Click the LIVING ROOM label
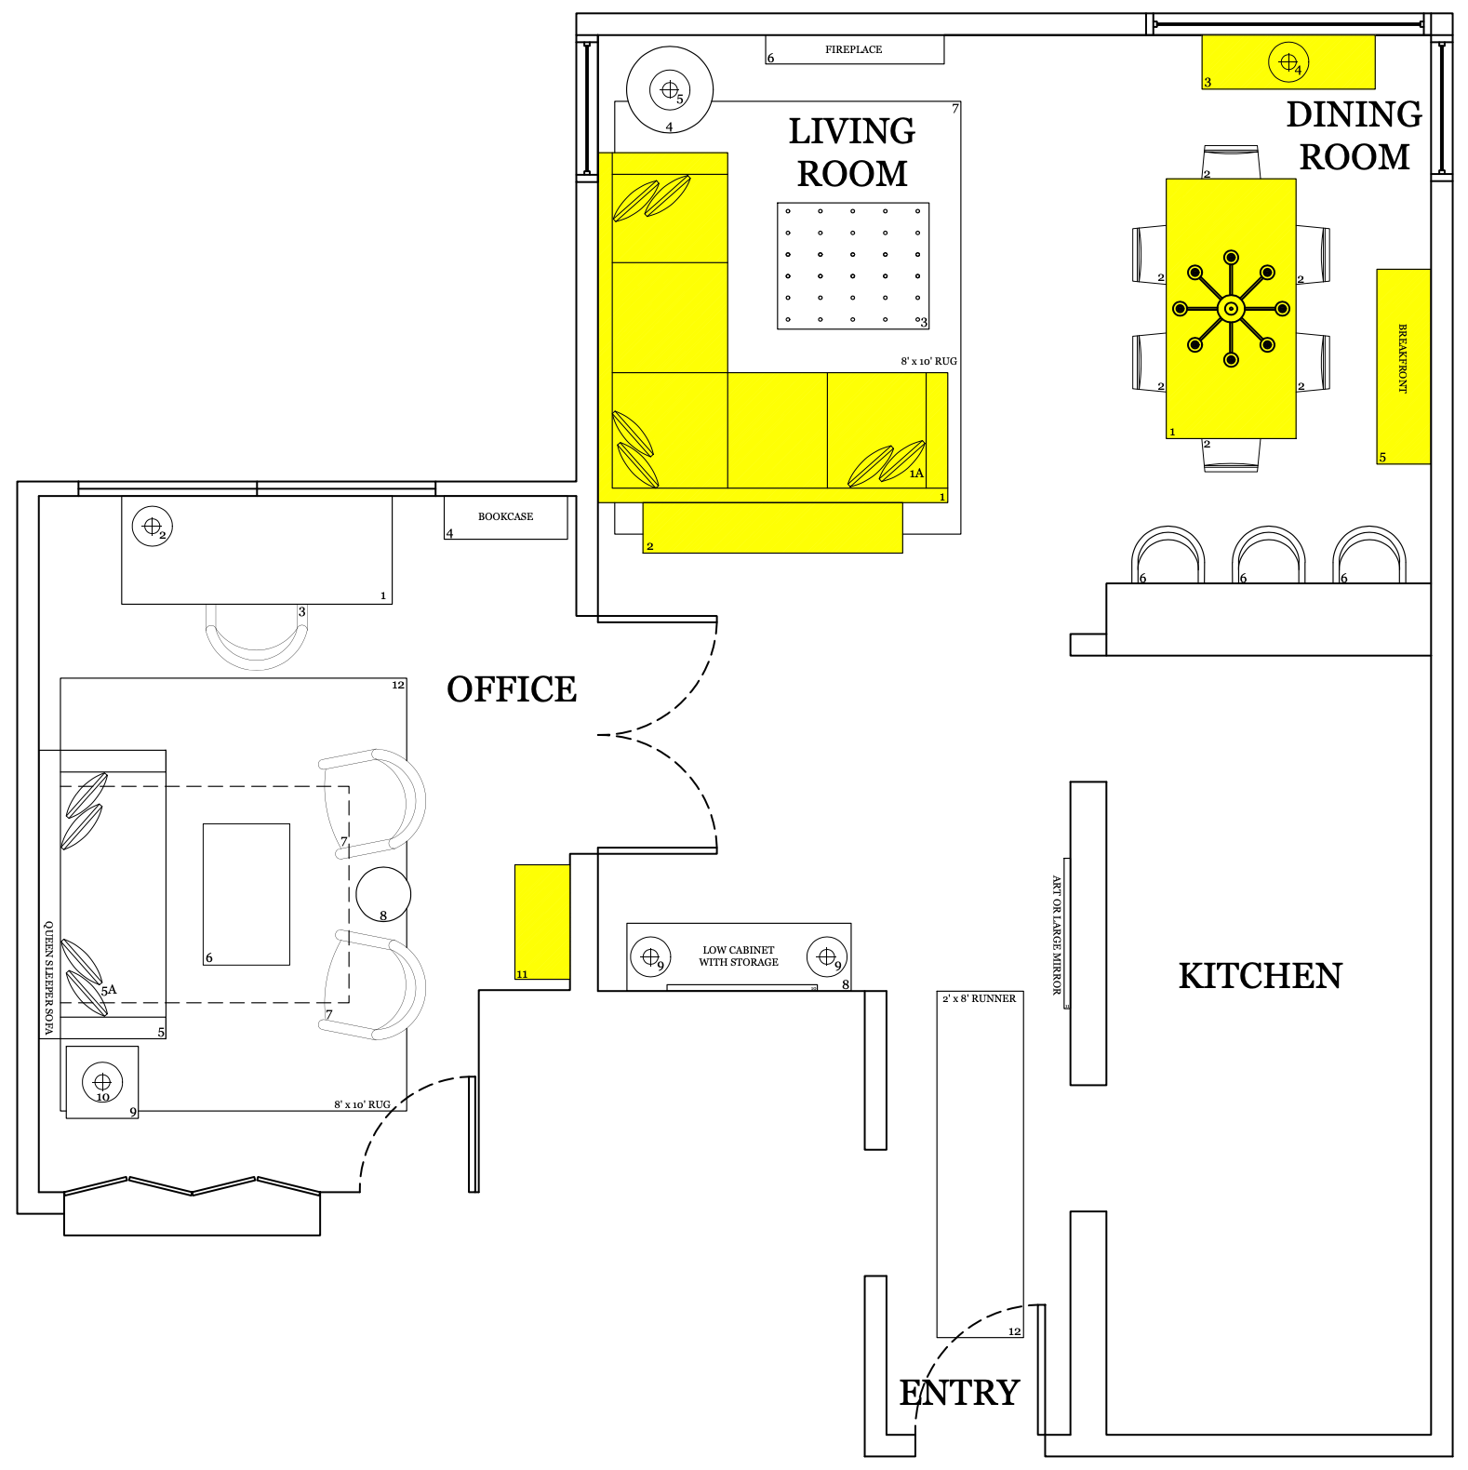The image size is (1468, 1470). click(x=852, y=153)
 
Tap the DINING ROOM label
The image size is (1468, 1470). click(x=1355, y=136)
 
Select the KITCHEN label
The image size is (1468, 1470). click(x=1261, y=976)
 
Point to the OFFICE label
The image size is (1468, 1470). click(x=512, y=689)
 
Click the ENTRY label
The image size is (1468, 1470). click(x=959, y=1393)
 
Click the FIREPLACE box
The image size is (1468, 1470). click(x=855, y=49)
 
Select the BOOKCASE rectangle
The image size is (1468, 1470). click(x=505, y=517)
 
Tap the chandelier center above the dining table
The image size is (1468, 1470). click(x=1231, y=309)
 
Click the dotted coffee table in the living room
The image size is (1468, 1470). click(x=853, y=266)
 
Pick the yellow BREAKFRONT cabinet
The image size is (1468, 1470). click(x=1403, y=367)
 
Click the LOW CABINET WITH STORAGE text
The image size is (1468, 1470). click(x=739, y=956)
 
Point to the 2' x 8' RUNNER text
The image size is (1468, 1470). click(x=980, y=998)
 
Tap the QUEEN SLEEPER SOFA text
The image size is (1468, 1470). click(x=48, y=978)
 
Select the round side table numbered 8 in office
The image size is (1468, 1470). click(x=383, y=894)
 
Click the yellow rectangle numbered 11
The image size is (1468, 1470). click(x=542, y=922)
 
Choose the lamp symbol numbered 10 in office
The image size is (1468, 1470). click(x=102, y=1082)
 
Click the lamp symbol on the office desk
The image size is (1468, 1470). click(x=152, y=527)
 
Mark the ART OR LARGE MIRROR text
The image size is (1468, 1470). click(x=1057, y=935)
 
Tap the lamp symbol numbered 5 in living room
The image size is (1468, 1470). click(x=670, y=90)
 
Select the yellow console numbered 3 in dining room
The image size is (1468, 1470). click(x=1288, y=62)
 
